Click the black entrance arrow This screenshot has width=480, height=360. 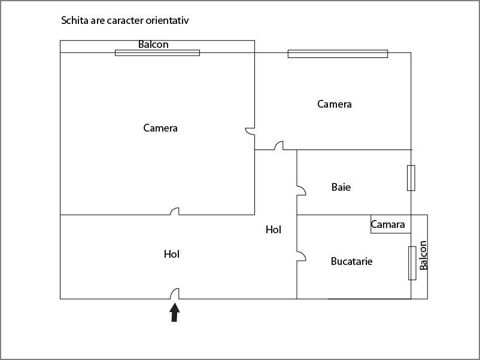click(175, 312)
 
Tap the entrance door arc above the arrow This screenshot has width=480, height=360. click(175, 294)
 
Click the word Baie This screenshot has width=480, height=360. click(341, 187)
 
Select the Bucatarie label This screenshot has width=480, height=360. click(352, 261)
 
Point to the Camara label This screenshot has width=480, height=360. click(388, 225)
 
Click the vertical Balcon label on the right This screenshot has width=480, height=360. click(424, 255)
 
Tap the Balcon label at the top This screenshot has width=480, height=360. click(153, 45)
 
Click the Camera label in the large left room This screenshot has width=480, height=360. click(160, 128)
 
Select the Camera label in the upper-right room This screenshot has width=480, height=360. click(335, 104)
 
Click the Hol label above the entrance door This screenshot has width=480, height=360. click(172, 254)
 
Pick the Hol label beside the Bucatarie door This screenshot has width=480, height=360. click(274, 230)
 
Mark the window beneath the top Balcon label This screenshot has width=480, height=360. click(157, 53)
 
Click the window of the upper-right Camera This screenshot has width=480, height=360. click(338, 54)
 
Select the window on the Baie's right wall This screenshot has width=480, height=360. click(411, 178)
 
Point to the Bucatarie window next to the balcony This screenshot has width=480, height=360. click(412, 263)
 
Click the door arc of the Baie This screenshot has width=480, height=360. click(301, 191)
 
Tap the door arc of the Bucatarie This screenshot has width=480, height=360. click(301, 256)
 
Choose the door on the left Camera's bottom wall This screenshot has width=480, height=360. click(175, 211)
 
